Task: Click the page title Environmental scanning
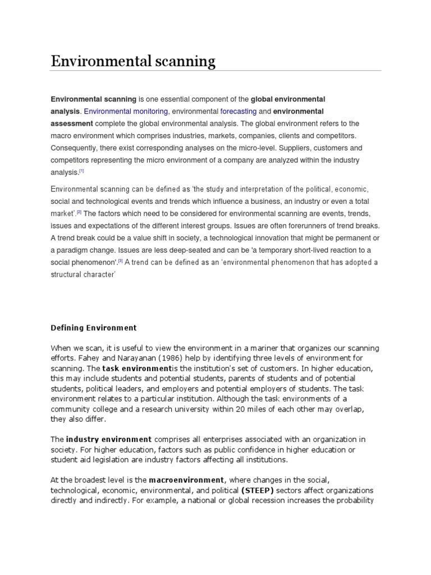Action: coord(133,61)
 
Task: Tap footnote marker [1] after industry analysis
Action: coord(81,171)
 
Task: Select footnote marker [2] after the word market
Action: coord(79,212)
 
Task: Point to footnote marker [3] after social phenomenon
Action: coord(120,261)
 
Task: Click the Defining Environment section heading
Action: coord(94,327)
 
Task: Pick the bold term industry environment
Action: coord(109,439)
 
